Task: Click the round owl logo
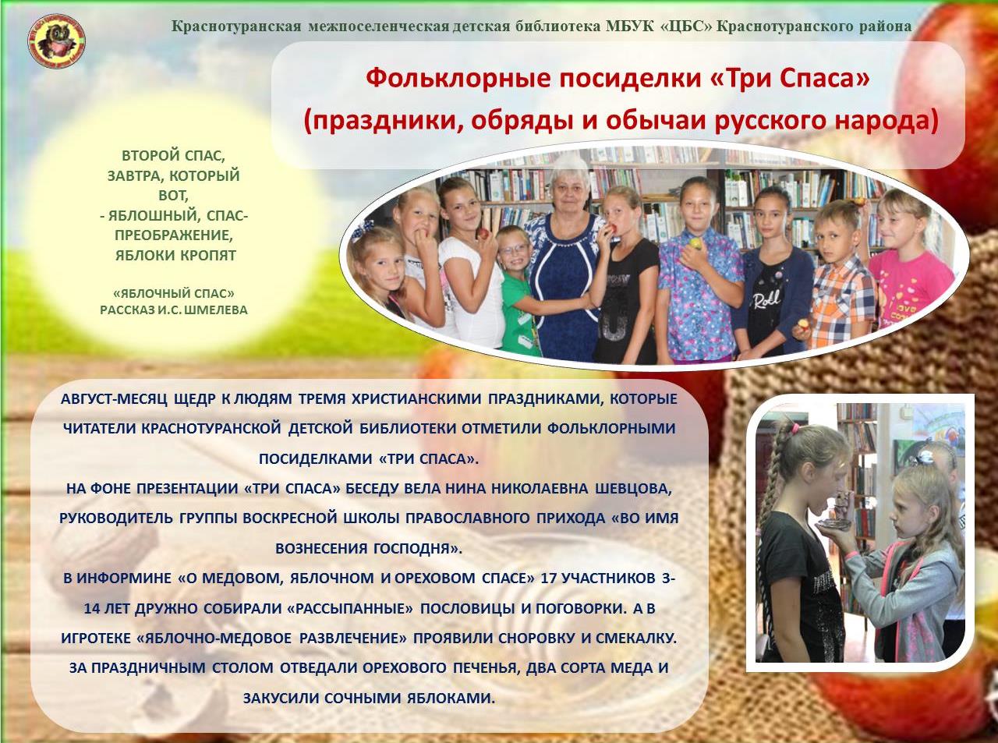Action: point(57,43)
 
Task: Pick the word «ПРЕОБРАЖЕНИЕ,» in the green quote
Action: point(174,235)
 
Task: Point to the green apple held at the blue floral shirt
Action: point(695,243)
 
